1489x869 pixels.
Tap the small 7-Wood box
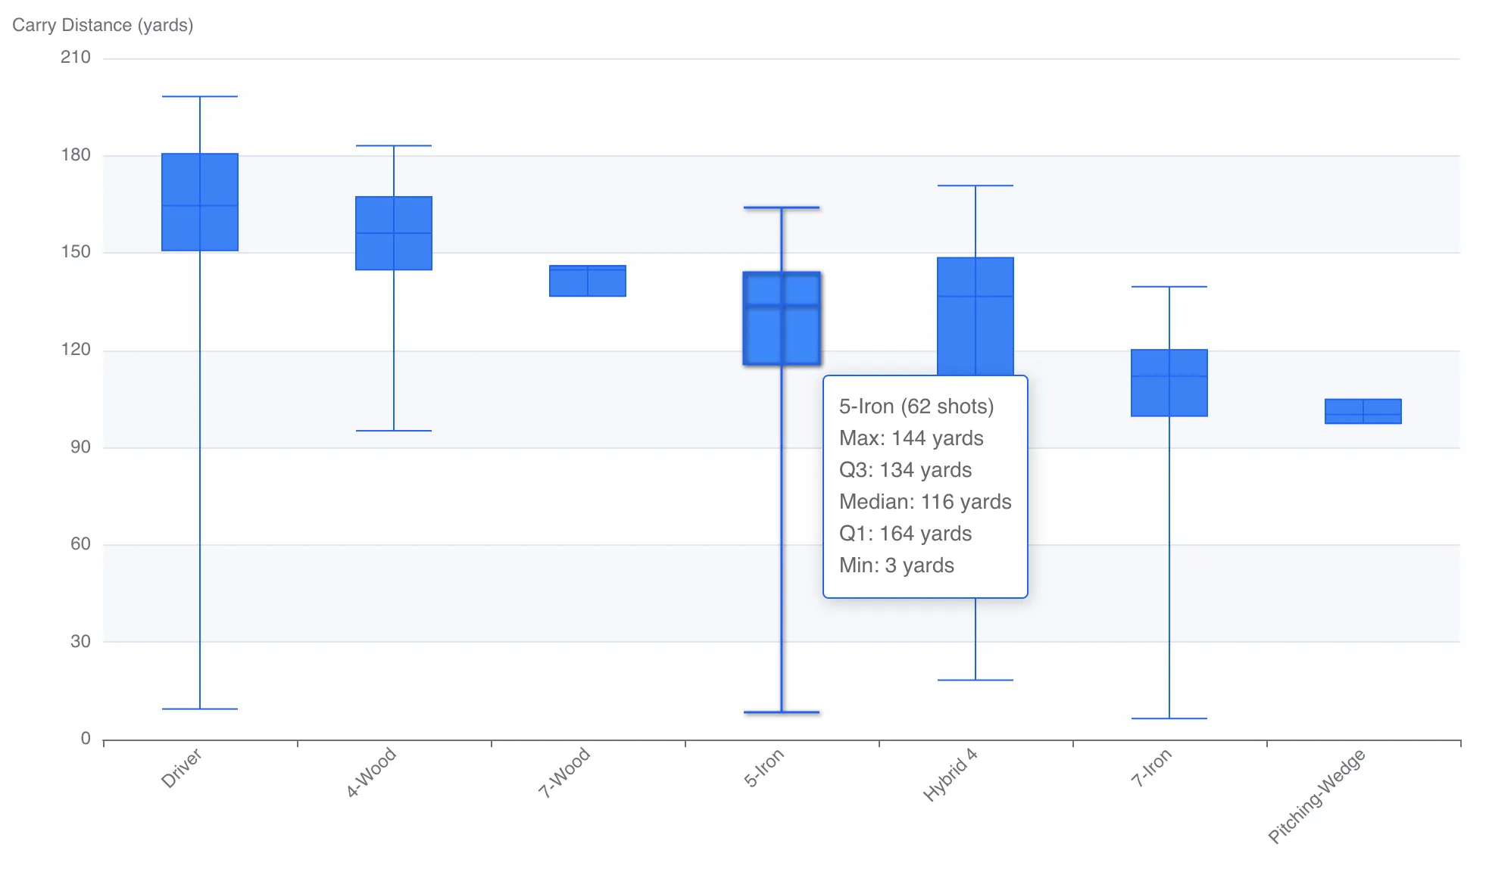[x=588, y=281]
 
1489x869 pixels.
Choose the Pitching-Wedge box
[x=1363, y=411]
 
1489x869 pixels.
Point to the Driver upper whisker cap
[x=200, y=97]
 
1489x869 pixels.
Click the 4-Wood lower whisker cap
[x=394, y=431]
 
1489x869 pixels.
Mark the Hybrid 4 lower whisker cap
[x=975, y=680]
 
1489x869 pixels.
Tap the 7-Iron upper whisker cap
[x=1169, y=287]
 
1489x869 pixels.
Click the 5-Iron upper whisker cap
[x=782, y=207]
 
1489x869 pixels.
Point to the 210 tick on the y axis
[x=75, y=58]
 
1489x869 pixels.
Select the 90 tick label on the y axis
[x=80, y=447]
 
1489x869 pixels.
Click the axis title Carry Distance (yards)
[x=103, y=25]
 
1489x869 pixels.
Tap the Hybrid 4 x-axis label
[x=951, y=775]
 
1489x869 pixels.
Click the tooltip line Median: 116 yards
[x=925, y=502]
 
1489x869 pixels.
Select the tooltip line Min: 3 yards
[x=896, y=565]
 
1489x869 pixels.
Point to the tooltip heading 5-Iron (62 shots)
[x=916, y=406]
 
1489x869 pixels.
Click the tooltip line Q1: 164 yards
[x=905, y=534]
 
